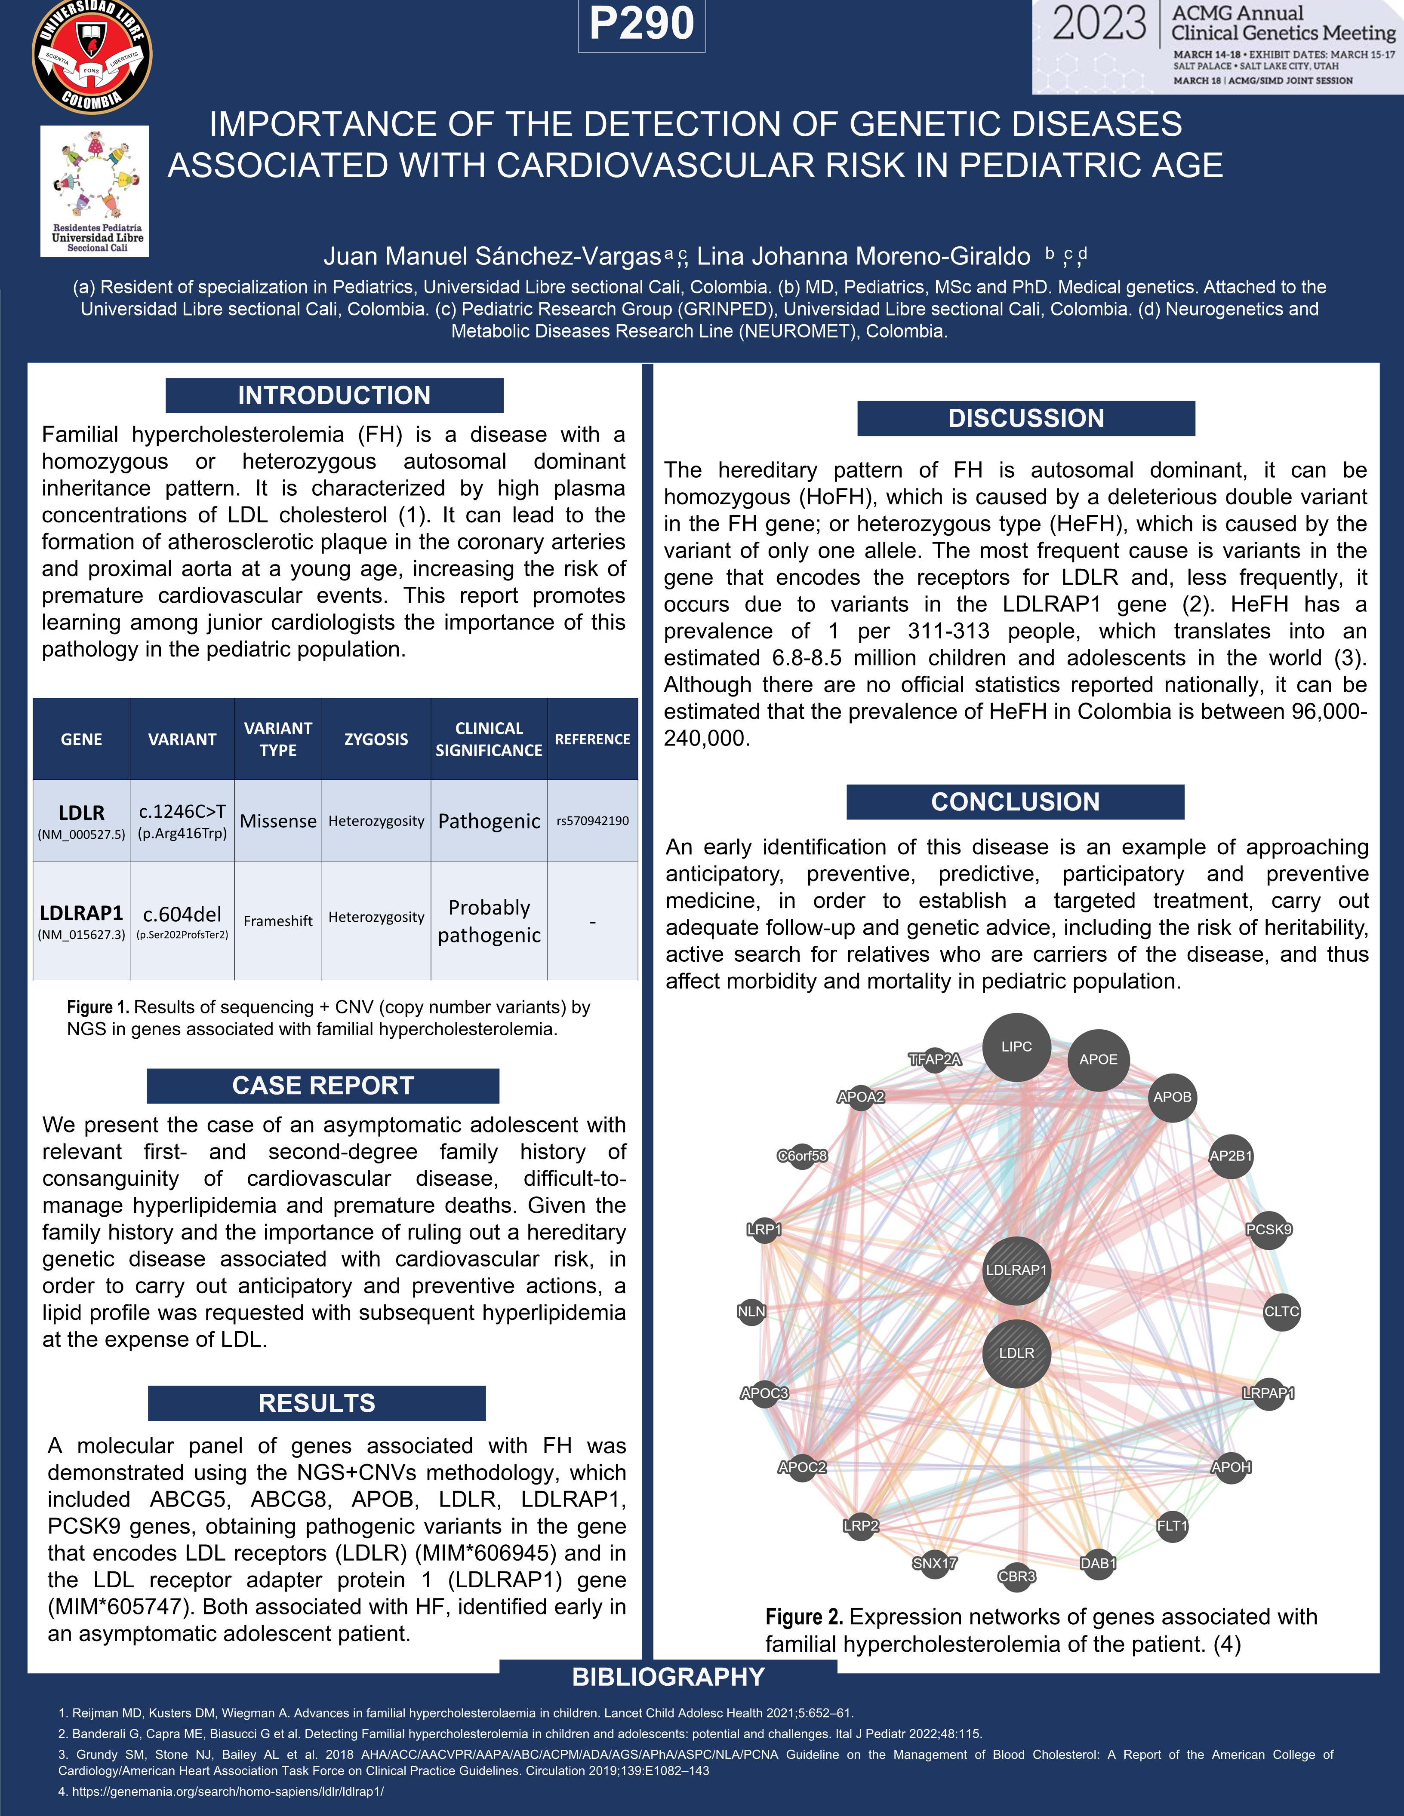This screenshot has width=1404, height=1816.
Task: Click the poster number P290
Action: [641, 24]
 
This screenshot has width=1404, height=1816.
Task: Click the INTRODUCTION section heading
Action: [334, 395]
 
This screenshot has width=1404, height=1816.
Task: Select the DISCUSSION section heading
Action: [1025, 418]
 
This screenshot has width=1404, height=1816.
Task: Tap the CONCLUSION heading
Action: [1015, 801]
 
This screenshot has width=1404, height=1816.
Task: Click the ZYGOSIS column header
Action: [376, 739]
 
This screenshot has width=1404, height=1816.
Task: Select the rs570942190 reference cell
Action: [592, 821]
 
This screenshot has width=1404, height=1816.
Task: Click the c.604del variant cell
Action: [182, 914]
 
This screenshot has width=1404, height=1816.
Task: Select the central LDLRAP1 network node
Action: [1016, 1270]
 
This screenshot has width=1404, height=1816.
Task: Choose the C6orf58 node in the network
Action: [802, 1156]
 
